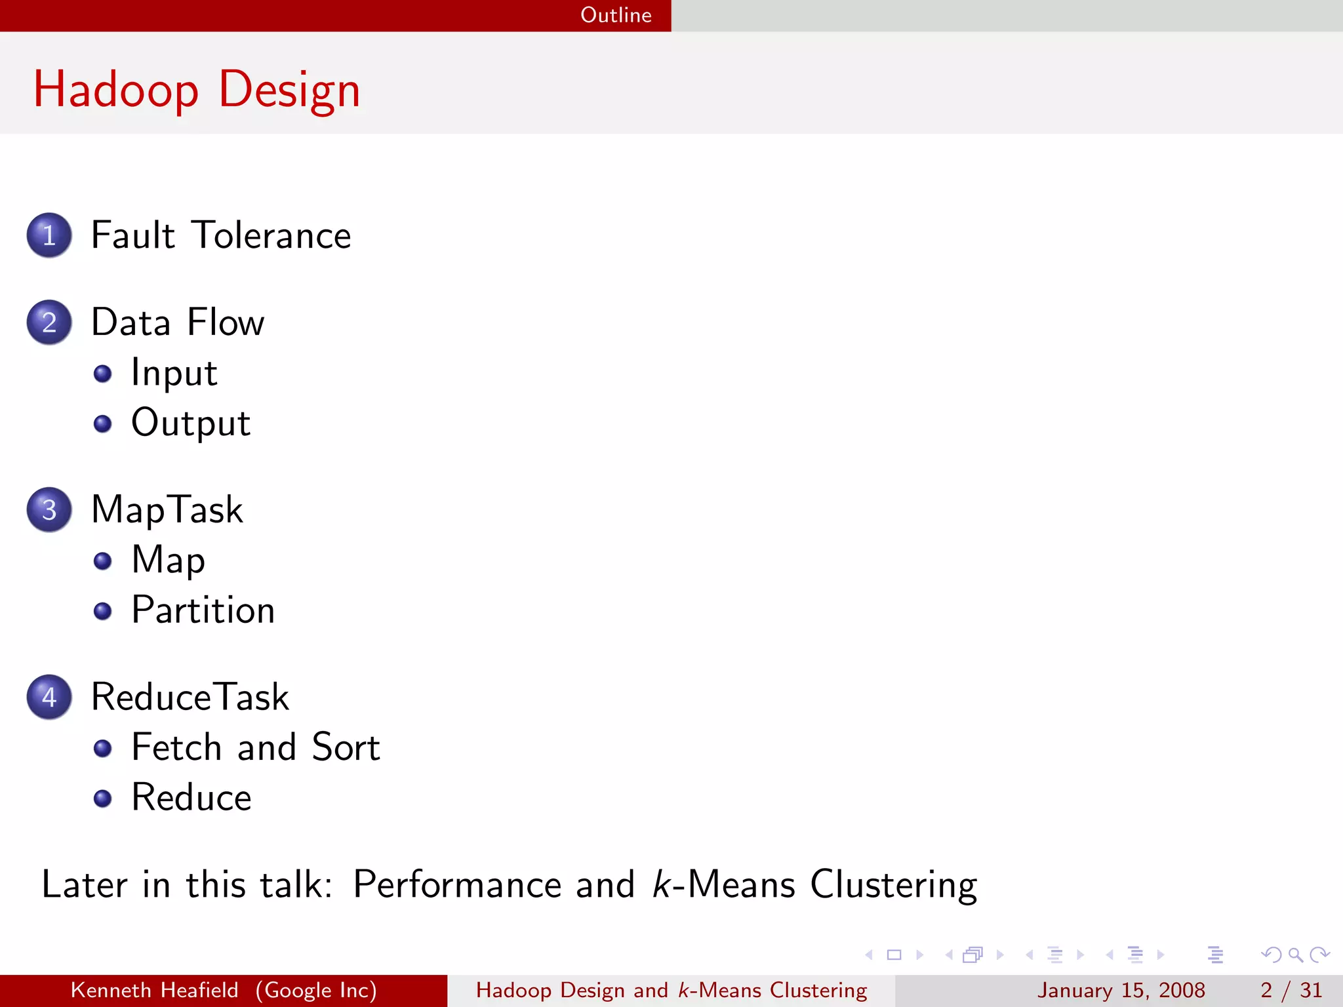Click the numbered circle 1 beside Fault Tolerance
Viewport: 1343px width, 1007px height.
(49, 235)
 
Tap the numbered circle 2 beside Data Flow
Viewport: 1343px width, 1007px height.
(49, 323)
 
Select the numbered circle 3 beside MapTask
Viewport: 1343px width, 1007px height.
(49, 509)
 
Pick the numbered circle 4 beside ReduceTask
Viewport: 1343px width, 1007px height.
(49, 697)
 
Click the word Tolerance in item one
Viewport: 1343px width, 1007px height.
(271, 235)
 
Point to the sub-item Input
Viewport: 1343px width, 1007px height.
(174, 373)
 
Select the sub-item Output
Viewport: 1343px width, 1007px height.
(190, 423)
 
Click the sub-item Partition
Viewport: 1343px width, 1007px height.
(203, 610)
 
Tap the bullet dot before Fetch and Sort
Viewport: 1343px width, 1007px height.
(102, 748)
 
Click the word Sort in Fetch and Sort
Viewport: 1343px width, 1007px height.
(346, 747)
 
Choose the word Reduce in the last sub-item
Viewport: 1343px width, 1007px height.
(191, 798)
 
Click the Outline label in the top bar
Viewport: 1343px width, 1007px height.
(616, 15)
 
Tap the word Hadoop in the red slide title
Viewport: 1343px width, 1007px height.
(116, 90)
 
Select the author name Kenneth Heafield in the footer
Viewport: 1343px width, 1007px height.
(154, 990)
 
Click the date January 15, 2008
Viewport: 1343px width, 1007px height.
(1121, 990)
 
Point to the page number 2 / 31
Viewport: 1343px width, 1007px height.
(1291, 990)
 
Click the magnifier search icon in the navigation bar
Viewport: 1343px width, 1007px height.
(1295, 955)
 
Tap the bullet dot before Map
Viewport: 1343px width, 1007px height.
(102, 561)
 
